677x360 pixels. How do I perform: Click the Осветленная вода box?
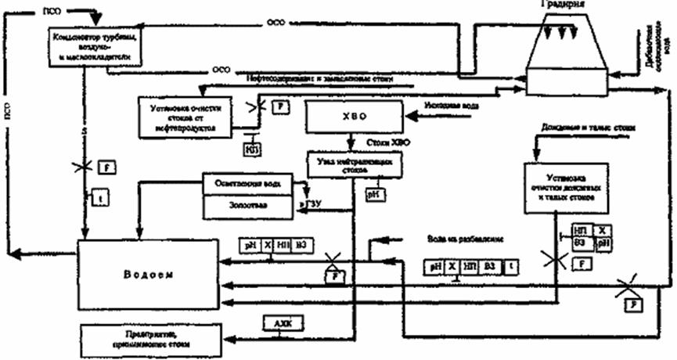[247, 185]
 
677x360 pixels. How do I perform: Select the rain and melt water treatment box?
[562, 189]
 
